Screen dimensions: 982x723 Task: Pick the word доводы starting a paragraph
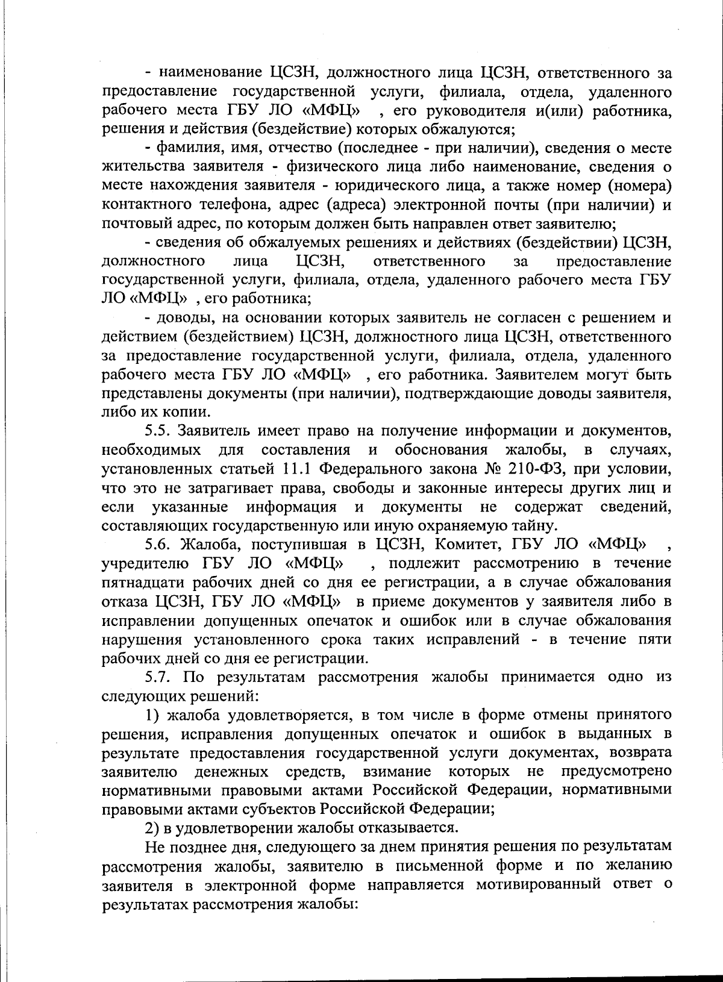[x=183, y=317]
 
